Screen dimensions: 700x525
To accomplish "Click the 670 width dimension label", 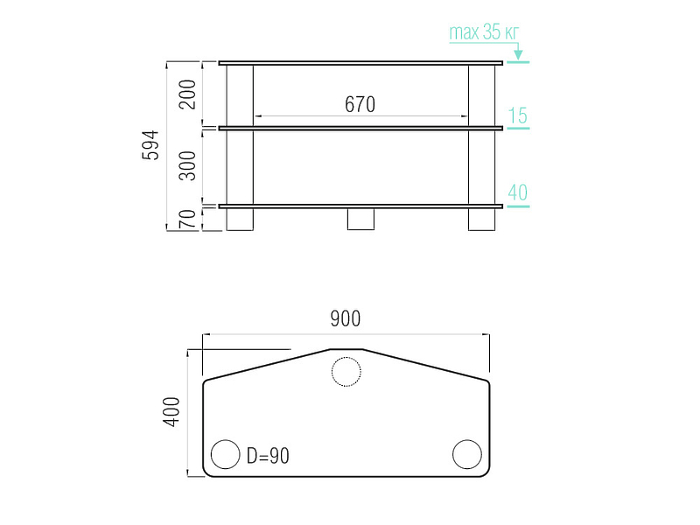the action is click(x=360, y=104).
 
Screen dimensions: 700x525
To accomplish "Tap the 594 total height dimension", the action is click(x=150, y=145).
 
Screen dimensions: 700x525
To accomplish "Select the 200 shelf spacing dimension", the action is click(x=187, y=94).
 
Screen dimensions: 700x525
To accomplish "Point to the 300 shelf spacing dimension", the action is click(x=187, y=165).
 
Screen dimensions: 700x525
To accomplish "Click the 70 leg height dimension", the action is click(x=187, y=220).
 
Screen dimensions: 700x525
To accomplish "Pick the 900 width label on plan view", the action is click(x=345, y=318).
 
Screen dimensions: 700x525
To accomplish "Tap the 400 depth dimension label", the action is click(x=171, y=411).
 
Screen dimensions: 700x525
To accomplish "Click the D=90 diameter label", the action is click(x=268, y=456).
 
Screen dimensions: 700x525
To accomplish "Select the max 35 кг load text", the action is click(x=484, y=32).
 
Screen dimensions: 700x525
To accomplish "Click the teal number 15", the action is click(x=517, y=115).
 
